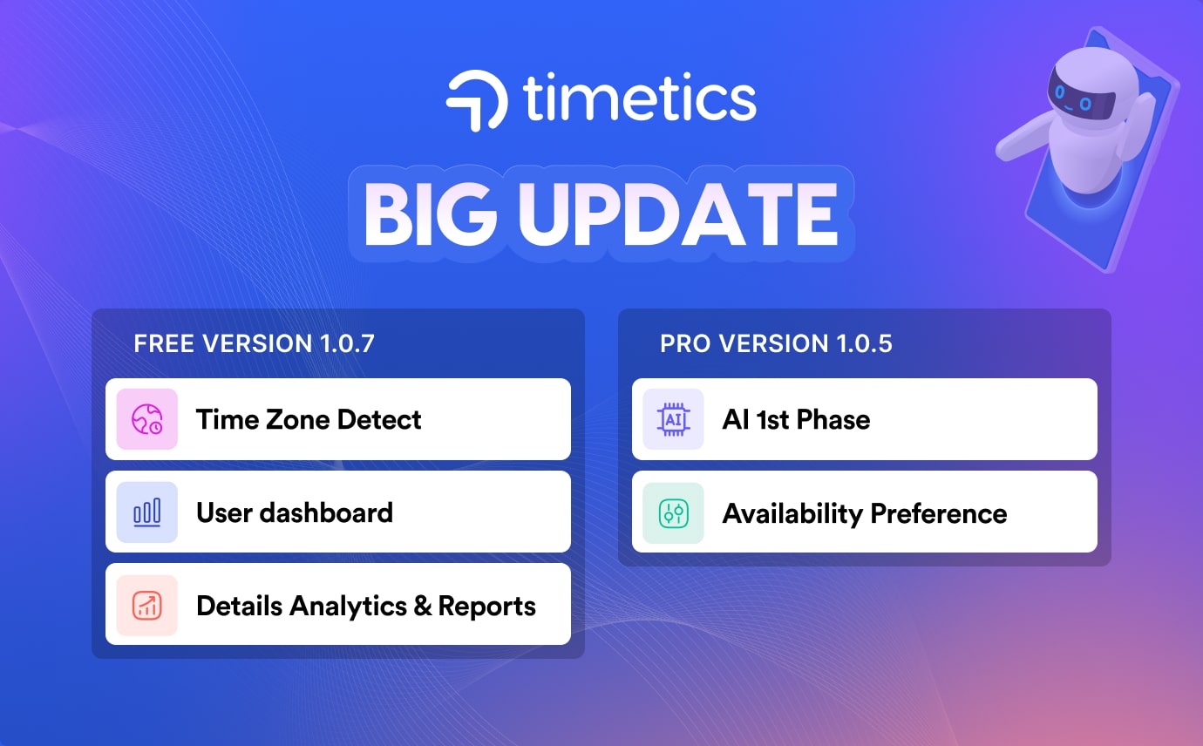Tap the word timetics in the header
tap(640, 98)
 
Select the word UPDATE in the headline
tap(677, 214)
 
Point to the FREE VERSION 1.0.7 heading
tap(254, 343)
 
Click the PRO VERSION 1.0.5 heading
tap(776, 343)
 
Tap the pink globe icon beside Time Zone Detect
tap(146, 419)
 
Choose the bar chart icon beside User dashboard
tap(146, 512)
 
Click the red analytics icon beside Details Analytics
tap(146, 606)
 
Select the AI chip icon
tap(673, 419)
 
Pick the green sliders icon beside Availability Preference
tap(673, 513)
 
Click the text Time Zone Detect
tap(309, 419)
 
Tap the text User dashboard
tap(295, 512)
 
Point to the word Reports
tap(487, 607)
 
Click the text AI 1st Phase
tap(796, 419)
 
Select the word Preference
tap(939, 513)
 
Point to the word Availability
tap(792, 513)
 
